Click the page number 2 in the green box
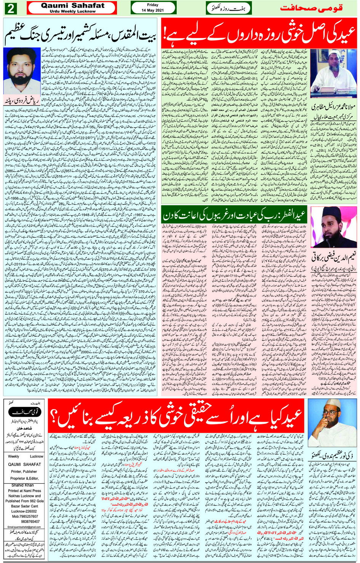click(10, 8)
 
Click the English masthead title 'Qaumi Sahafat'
click(72, 5)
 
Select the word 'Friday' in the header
click(152, 5)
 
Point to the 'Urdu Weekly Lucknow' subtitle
click(72, 11)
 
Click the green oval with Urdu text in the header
click(229, 8)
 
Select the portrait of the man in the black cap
click(333, 227)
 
